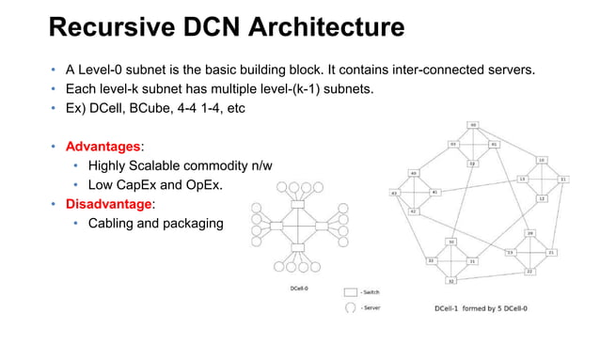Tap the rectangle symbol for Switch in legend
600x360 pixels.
351,293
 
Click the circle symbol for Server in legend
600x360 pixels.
351,307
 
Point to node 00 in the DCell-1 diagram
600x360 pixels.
473,125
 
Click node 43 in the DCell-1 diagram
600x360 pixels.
394,194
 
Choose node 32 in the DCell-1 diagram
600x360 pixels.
451,281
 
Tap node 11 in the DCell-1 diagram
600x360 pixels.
563,179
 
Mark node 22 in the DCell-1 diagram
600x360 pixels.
529,271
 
